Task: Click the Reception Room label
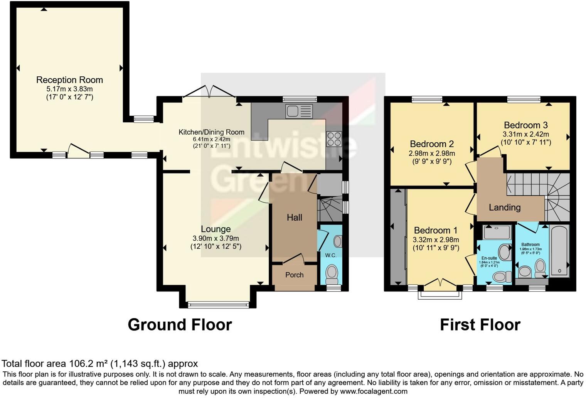tap(69, 80)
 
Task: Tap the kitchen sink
tap(299, 111)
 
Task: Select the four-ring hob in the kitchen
tap(334, 139)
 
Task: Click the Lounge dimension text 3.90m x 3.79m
tap(216, 238)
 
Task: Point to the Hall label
tap(294, 218)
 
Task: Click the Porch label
tap(294, 275)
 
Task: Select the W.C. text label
tap(330, 255)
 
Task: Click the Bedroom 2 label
tap(431, 144)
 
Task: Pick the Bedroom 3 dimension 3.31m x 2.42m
tap(525, 134)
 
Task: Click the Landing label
tap(504, 207)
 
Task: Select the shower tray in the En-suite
tap(497, 232)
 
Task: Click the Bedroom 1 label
tap(435, 231)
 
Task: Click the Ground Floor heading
tap(180, 325)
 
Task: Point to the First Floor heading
tap(480, 325)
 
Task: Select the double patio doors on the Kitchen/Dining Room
tap(209, 93)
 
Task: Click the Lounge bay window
tap(218, 305)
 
